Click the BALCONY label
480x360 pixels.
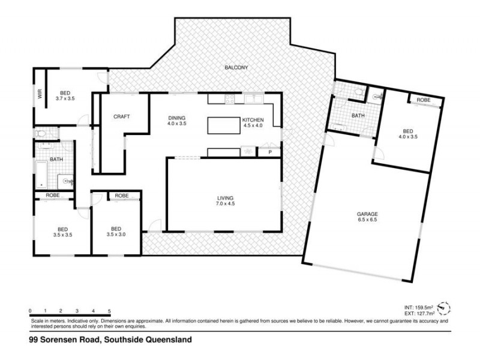[236, 68]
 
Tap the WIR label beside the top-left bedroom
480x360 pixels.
[40, 94]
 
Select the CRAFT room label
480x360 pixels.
[122, 116]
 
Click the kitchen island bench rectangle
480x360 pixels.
[224, 125]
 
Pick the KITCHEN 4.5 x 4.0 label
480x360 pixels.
[252, 123]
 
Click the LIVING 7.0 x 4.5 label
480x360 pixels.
[225, 201]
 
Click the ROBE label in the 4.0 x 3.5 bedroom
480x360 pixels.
[424, 100]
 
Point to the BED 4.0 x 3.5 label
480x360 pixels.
[407, 134]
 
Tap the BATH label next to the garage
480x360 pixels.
[358, 116]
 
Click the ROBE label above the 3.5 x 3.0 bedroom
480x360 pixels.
[122, 196]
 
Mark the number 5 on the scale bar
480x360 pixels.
[109, 311]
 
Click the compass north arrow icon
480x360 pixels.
[443, 308]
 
